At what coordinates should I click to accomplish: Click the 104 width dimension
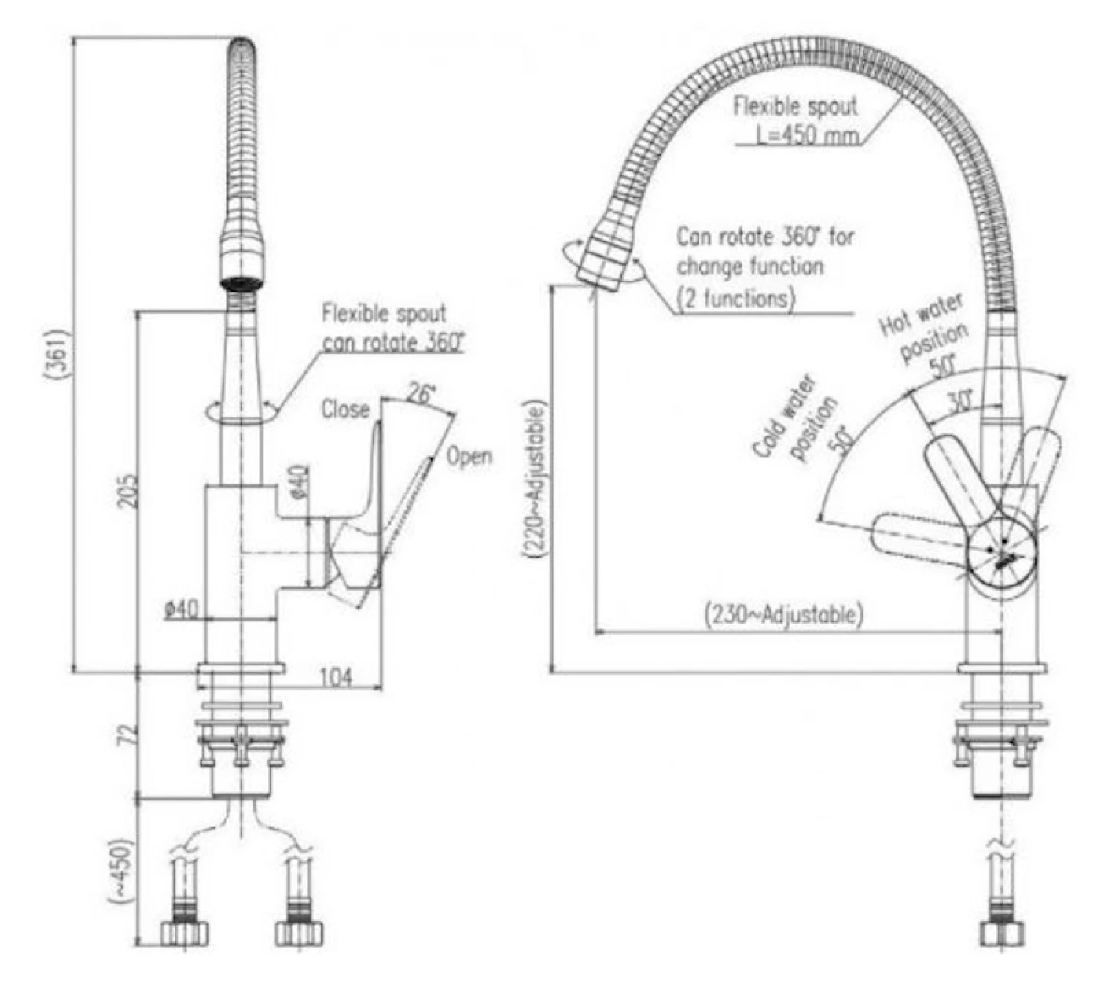pos(337,677)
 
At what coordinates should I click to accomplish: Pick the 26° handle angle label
pos(422,393)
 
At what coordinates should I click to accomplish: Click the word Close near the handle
pos(344,410)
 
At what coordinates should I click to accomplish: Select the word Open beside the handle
pos(469,456)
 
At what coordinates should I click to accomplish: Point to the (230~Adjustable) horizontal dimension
pos(783,613)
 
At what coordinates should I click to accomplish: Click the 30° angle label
pos(959,403)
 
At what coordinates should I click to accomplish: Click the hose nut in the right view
pos(1003,934)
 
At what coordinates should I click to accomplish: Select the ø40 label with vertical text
pos(299,482)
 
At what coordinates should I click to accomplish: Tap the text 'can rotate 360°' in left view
pos(393,343)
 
